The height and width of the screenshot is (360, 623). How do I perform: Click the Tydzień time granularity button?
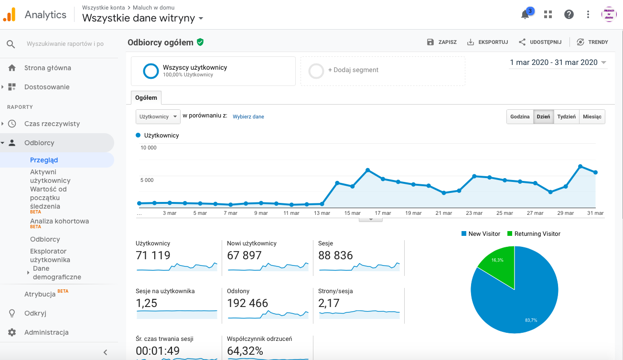pos(566,116)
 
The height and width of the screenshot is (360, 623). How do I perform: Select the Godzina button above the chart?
pos(520,116)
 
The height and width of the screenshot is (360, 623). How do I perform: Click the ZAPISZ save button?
pos(442,42)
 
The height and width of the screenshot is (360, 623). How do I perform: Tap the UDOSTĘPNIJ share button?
pos(540,42)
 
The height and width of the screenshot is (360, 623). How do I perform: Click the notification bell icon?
pos(525,14)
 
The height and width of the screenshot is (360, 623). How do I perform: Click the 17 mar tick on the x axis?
pos(383,213)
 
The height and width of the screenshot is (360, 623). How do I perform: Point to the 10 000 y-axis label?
pos(149,148)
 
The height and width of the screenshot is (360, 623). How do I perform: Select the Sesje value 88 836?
pos(335,255)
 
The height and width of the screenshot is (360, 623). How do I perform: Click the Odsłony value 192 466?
pos(247,303)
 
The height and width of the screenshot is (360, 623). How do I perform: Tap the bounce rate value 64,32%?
pos(245,351)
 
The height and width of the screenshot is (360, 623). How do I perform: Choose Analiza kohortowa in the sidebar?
pos(59,221)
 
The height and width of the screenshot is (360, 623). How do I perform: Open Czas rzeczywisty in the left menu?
pos(52,124)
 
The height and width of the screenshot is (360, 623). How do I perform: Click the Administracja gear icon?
pos(12,332)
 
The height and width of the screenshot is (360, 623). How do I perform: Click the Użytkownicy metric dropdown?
pos(158,116)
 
